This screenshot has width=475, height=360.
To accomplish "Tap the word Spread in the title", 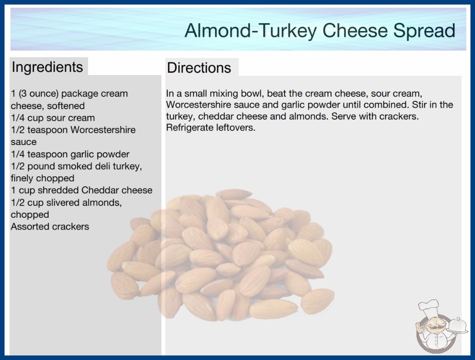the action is tap(424, 30).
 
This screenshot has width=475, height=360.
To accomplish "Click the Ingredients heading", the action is tap(47, 67).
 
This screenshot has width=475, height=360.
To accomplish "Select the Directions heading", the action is tap(199, 68).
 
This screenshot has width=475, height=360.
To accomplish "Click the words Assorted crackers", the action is tap(50, 226).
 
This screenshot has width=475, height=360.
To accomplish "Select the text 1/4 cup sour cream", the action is tap(53, 118).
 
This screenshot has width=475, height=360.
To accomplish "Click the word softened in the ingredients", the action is tap(66, 105).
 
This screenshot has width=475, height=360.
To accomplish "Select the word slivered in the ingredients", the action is tap(63, 202).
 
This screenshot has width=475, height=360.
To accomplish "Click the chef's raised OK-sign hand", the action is tap(420, 327).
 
